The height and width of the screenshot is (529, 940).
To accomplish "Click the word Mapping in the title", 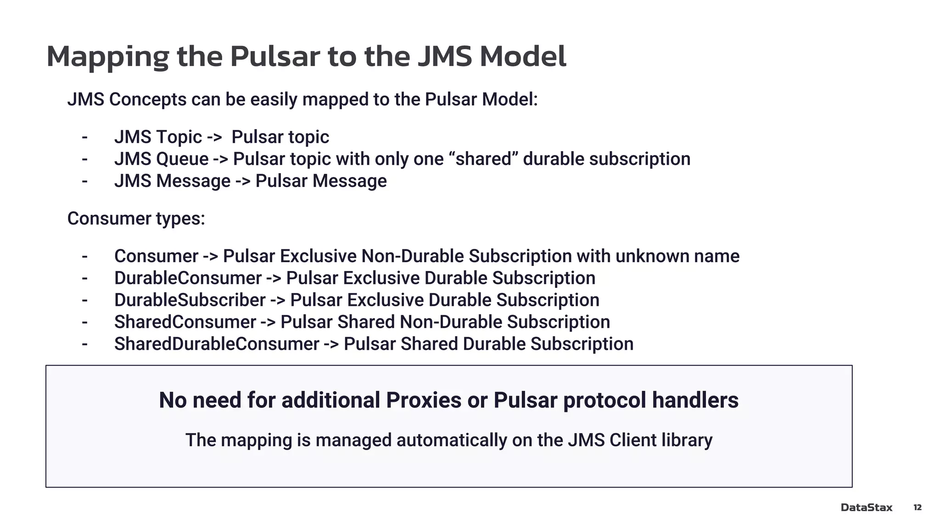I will (x=108, y=57).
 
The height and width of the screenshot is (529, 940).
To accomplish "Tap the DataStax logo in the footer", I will (x=866, y=507).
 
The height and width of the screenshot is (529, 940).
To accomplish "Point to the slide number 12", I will (x=917, y=507).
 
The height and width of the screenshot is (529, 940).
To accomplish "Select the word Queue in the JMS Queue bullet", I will (x=182, y=159).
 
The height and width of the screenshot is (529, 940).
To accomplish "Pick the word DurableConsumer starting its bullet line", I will (x=188, y=278).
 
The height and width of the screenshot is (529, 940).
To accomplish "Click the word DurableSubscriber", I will (x=190, y=300).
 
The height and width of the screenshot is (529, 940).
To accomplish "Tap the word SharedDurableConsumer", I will (x=217, y=344).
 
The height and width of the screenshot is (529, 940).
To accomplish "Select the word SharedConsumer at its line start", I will (x=185, y=322).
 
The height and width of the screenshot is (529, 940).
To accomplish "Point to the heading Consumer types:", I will (x=136, y=219).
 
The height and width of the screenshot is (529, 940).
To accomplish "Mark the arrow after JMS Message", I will (x=243, y=181).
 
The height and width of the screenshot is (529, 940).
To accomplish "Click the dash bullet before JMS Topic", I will (x=84, y=137).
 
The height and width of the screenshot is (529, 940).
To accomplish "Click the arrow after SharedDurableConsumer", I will (x=331, y=344).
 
